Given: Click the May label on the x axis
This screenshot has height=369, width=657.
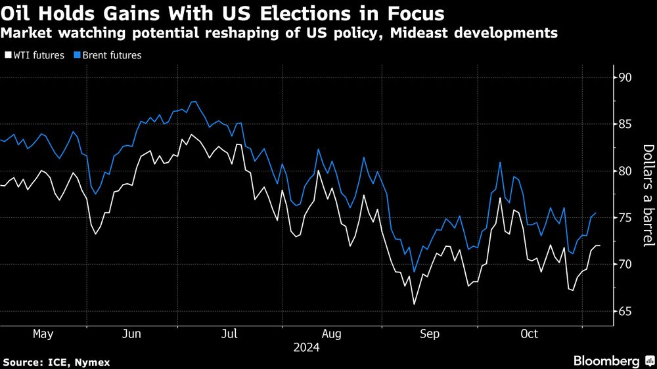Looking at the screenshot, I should (43, 334).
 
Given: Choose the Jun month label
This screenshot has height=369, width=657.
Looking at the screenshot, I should (132, 334).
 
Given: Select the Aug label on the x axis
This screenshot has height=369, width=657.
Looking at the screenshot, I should (332, 334).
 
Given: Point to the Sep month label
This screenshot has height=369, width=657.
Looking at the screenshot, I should (430, 334).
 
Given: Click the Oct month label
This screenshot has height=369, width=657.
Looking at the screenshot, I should (529, 334).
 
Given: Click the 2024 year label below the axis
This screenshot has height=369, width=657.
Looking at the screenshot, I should (307, 348).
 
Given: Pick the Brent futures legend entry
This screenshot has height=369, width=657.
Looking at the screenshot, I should (108, 56).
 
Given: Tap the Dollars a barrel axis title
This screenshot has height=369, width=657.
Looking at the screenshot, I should (647, 195).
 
